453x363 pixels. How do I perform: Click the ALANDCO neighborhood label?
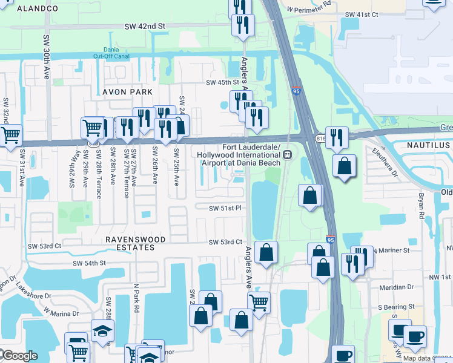(38, 8)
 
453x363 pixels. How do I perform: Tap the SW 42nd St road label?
(145, 27)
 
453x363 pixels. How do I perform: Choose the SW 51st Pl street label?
(225, 208)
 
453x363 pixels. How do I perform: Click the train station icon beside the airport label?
(289, 154)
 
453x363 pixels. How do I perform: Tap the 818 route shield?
(320, 139)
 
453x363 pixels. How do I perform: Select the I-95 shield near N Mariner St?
(331, 240)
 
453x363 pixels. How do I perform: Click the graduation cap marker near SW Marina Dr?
(102, 330)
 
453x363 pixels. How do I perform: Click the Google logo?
(20, 356)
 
